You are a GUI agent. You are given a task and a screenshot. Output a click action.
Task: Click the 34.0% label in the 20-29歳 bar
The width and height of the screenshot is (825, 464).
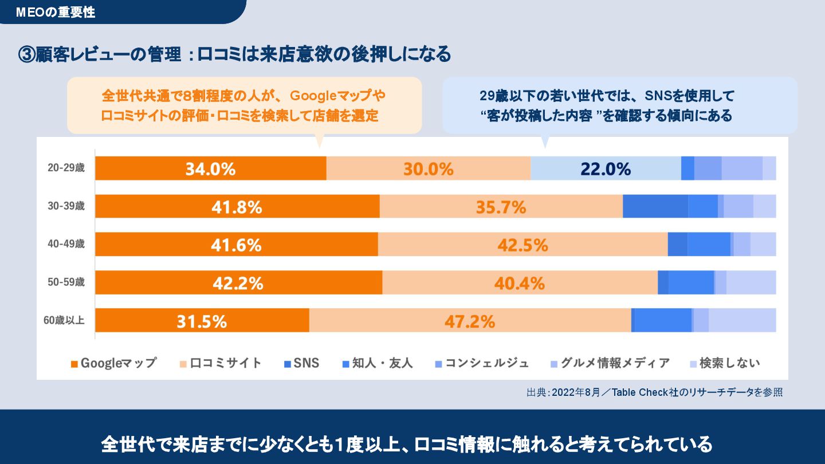point(210,169)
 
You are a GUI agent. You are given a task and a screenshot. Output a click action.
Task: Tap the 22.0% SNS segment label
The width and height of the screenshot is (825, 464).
point(606,169)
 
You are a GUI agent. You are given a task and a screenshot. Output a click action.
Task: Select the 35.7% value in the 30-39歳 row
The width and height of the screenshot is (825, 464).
point(501,207)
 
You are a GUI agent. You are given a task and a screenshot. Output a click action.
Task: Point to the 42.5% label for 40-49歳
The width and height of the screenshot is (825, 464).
point(522,245)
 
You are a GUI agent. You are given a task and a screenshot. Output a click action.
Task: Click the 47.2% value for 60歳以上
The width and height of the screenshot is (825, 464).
point(470,321)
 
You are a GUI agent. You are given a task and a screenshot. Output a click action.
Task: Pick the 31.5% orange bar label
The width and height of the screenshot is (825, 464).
point(202,321)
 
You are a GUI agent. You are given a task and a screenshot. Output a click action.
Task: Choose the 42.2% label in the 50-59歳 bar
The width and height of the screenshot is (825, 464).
point(238,283)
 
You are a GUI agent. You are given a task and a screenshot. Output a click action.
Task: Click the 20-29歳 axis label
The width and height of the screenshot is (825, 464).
point(66,168)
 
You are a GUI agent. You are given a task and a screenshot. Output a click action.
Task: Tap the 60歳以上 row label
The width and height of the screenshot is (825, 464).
point(64,320)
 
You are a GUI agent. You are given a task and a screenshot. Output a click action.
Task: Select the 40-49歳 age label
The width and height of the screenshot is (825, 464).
point(66,244)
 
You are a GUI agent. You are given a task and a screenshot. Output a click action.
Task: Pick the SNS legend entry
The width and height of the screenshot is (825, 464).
point(301,363)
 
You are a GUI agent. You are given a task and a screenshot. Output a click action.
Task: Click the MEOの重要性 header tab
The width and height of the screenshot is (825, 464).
point(56,12)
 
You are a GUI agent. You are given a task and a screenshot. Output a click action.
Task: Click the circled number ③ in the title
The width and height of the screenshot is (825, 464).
point(26,54)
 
